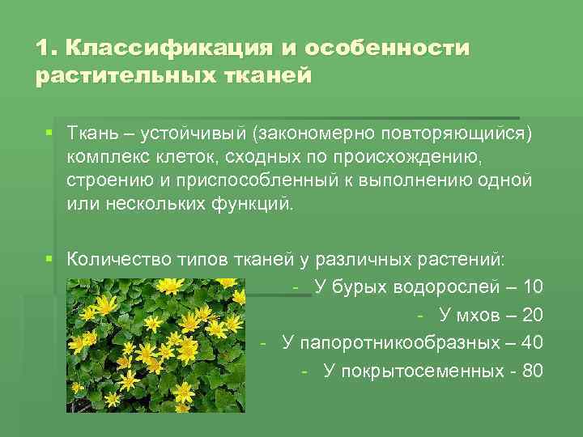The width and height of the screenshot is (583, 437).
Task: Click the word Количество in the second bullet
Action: click(116, 260)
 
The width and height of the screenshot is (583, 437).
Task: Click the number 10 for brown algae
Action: click(533, 287)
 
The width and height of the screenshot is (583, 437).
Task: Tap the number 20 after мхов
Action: click(533, 316)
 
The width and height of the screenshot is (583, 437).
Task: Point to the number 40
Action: click(533, 343)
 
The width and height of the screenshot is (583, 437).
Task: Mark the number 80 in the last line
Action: click(533, 371)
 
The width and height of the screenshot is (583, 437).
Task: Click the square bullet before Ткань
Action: click(49, 132)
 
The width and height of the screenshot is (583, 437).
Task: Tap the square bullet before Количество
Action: click(49, 260)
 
